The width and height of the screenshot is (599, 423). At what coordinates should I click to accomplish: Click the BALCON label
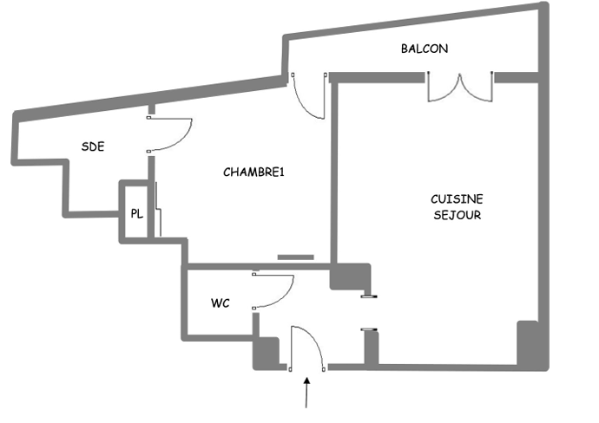pyautogui.click(x=425, y=49)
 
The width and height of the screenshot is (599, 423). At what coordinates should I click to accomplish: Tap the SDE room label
pyautogui.click(x=93, y=146)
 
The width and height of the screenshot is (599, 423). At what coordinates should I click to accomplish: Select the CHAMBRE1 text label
pyautogui.click(x=254, y=172)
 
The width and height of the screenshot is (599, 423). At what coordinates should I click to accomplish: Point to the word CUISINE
pyautogui.click(x=457, y=198)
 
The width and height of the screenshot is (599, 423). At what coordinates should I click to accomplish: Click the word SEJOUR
pyautogui.click(x=457, y=215)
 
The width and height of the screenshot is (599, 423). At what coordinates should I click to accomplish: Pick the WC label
pyautogui.click(x=220, y=304)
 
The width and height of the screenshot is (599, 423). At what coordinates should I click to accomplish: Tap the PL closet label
pyautogui.click(x=136, y=213)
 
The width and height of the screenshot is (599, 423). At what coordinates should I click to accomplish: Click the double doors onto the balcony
pyautogui.click(x=460, y=88)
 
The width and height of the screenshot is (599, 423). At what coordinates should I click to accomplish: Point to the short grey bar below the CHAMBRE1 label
pyautogui.click(x=295, y=257)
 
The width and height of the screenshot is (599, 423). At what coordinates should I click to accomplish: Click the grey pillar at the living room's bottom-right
pyautogui.click(x=529, y=345)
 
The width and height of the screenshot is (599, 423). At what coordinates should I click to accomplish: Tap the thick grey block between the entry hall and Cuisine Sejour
pyautogui.click(x=350, y=277)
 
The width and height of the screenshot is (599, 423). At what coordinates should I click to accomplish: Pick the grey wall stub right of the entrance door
pyautogui.click(x=371, y=348)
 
